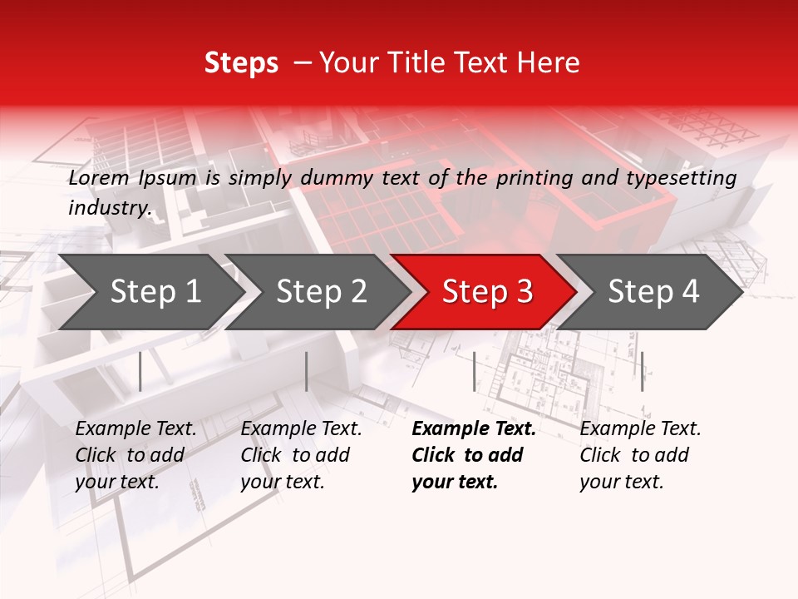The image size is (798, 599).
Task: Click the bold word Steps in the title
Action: (241, 63)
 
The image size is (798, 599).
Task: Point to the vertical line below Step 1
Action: (140, 371)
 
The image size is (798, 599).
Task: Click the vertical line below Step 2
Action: (307, 371)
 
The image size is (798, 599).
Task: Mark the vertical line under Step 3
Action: (474, 371)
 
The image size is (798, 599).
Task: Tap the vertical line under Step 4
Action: (642, 371)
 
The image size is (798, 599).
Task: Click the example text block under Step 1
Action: (135, 455)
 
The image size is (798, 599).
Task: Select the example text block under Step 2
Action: (301, 455)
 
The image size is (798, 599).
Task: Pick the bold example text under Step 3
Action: (473, 455)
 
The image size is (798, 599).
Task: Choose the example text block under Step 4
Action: (640, 455)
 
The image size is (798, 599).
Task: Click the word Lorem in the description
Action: (98, 178)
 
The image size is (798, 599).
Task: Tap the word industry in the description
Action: (109, 208)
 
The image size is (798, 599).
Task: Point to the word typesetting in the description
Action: (686, 178)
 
